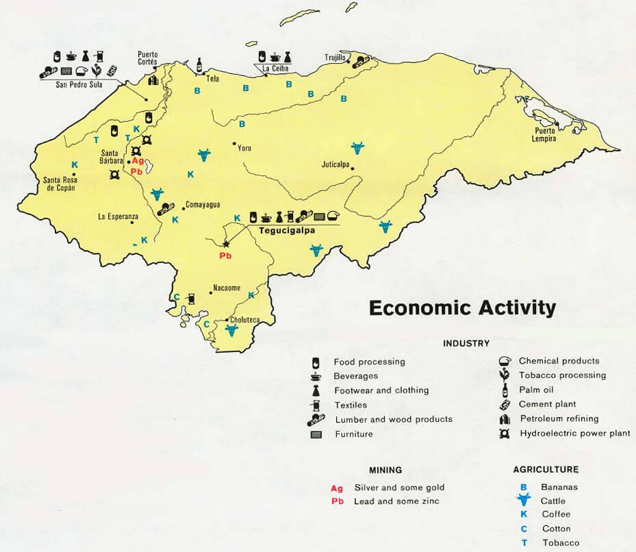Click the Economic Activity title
(462, 308)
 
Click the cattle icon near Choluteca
(231, 331)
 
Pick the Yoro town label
(244, 147)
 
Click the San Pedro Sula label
(79, 85)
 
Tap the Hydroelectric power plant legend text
(574, 434)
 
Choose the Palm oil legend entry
(536, 390)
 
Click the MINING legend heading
(385, 470)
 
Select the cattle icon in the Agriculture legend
(523, 501)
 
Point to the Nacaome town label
(227, 288)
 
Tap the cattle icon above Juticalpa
(357, 147)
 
